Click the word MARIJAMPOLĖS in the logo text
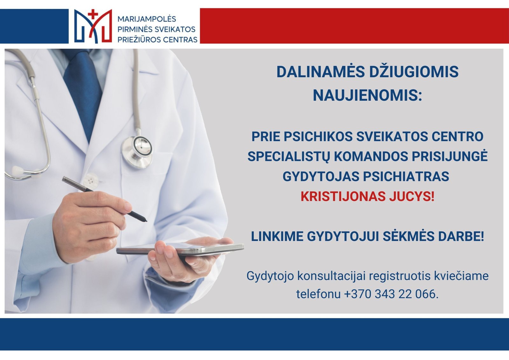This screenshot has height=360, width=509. coord(147,19)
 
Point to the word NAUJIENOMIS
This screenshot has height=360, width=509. coord(367,95)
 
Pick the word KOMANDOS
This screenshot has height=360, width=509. coord(371,157)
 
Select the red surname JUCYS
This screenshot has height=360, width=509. coord(412,196)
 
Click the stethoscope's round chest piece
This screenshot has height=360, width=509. coord(137,152)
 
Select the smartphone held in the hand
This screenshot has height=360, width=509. coord(180,249)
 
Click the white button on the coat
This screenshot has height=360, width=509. coord(90,181)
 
